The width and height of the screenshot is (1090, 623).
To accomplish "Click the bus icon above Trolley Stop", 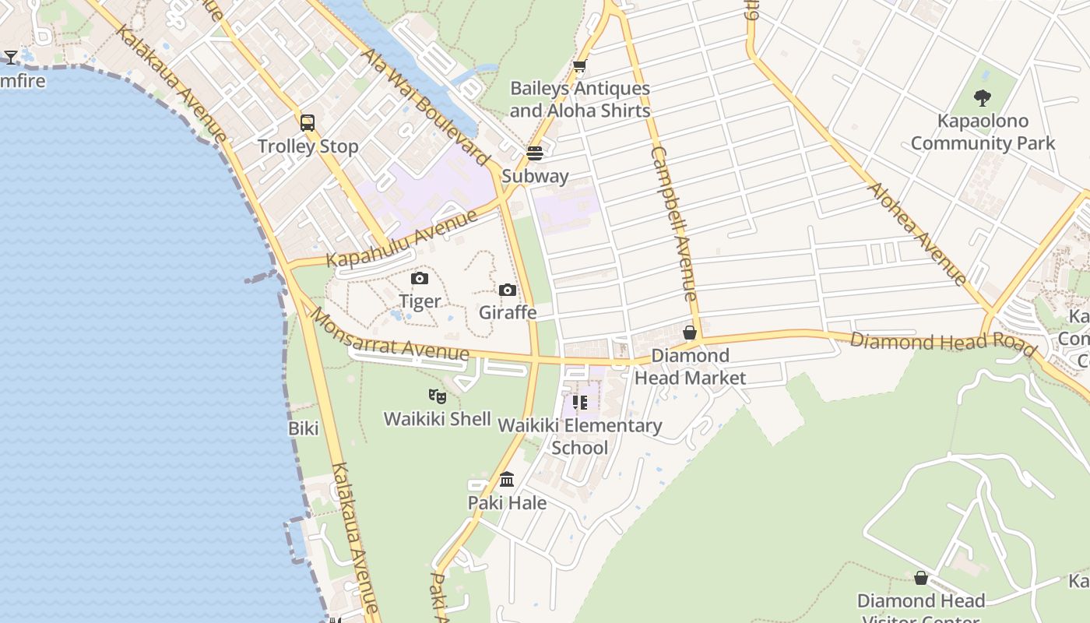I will click(308, 123).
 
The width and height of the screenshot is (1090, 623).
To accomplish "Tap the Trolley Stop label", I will click(308, 146).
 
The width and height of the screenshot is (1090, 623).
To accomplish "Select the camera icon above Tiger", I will click(420, 278).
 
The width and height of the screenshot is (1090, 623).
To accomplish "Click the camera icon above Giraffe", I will click(508, 290).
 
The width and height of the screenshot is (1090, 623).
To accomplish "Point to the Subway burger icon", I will click(535, 153).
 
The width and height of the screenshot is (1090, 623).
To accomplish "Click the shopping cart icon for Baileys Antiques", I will click(579, 67).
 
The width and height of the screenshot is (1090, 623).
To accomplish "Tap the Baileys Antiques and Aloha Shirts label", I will click(580, 100).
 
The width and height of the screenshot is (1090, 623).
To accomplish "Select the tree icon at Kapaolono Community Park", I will click(983, 98).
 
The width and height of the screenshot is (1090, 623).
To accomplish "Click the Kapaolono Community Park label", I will click(983, 132).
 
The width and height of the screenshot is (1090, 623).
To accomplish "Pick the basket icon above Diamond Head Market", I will click(690, 333).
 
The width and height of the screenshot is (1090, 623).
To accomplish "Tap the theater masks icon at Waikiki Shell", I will click(438, 396).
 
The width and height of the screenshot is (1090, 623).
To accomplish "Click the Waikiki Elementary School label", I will click(580, 436).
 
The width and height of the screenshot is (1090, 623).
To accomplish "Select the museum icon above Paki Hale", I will click(507, 479).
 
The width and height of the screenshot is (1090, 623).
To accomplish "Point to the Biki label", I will click(304, 428).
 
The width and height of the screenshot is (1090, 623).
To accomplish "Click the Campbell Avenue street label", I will click(674, 224).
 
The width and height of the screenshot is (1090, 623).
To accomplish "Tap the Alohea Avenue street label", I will click(918, 234).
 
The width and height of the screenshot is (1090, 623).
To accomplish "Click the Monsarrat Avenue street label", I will click(390, 335).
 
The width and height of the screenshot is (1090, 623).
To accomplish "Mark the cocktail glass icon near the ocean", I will click(11, 57).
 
